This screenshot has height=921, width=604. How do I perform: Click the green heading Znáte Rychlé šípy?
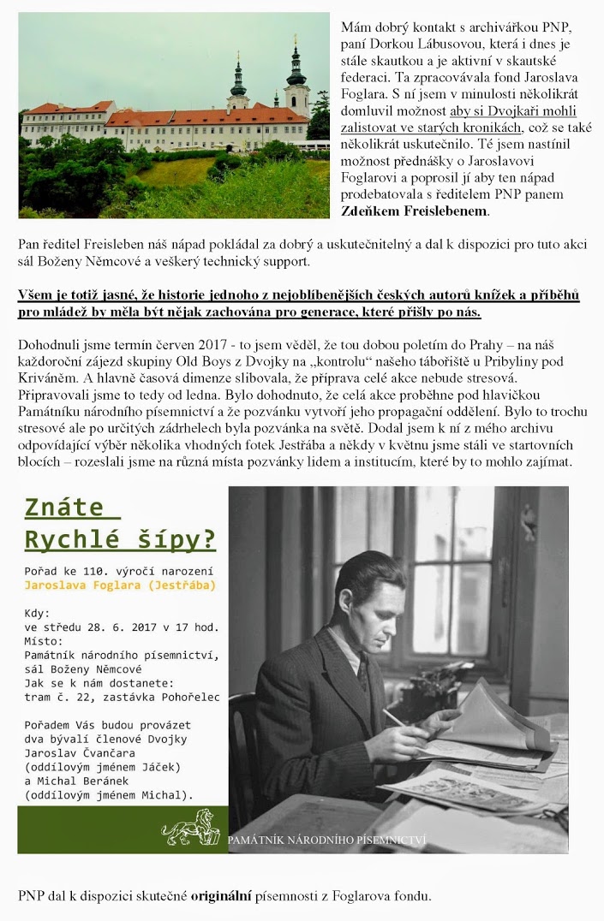(x=120, y=524)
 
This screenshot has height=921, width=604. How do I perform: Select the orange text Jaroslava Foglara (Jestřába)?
(x=119, y=585)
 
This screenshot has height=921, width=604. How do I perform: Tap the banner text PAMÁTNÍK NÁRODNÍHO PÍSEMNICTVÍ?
(x=326, y=841)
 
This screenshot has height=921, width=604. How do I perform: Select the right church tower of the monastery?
(x=297, y=79)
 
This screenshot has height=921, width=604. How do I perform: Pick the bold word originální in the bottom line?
(x=220, y=896)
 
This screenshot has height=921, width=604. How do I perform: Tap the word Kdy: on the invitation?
(x=38, y=614)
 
